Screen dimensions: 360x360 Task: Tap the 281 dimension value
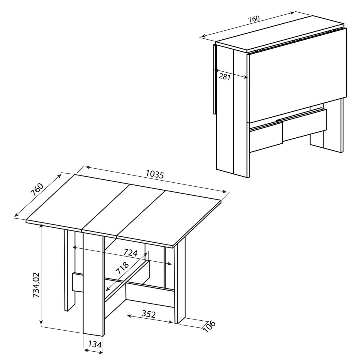[224, 76]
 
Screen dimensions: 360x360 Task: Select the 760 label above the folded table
[253, 19]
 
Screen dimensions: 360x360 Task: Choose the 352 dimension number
[149, 314]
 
